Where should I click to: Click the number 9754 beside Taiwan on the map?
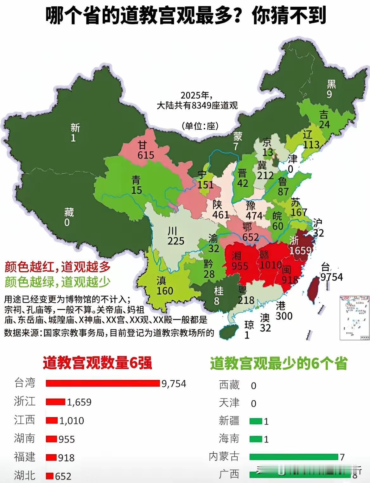[331, 277]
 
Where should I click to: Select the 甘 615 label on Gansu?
[145, 150]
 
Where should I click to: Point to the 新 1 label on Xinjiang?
[75, 133]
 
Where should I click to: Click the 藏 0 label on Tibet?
[68, 217]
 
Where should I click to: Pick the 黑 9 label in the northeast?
[331, 89]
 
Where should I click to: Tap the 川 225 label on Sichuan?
[175, 236]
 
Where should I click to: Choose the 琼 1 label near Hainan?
[249, 330]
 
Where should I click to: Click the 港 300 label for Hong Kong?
[284, 311]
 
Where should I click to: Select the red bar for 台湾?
[103, 383]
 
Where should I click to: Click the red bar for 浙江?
[55, 402]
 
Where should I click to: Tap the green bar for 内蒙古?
[294, 457]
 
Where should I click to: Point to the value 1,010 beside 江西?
[72, 421]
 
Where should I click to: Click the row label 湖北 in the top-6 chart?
[24, 475]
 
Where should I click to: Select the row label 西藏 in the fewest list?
[229, 385]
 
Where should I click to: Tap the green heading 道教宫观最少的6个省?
[278, 364]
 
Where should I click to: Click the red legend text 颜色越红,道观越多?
[57, 267]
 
